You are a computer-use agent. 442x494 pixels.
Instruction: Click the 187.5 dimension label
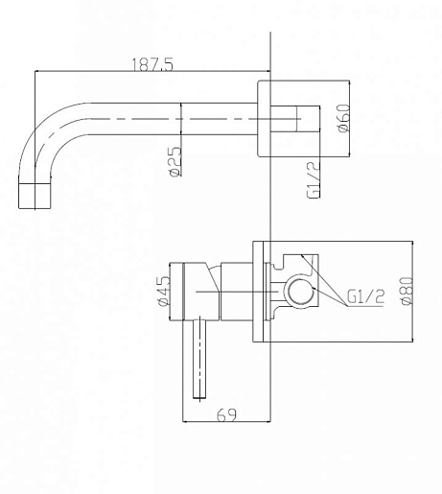(152, 64)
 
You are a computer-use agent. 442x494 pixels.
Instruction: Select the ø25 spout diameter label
(174, 161)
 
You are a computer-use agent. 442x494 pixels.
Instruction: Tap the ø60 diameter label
(343, 118)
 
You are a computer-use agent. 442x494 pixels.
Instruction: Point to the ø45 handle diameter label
(164, 291)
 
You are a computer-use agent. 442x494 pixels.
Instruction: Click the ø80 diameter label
(407, 291)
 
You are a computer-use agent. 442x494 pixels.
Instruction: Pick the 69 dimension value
(226, 414)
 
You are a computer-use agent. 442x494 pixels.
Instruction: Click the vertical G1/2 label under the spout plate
(314, 179)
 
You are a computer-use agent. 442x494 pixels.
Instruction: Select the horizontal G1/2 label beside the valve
(365, 296)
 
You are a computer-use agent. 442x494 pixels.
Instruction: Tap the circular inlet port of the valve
(299, 294)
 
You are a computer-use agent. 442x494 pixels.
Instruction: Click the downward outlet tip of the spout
(35, 196)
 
